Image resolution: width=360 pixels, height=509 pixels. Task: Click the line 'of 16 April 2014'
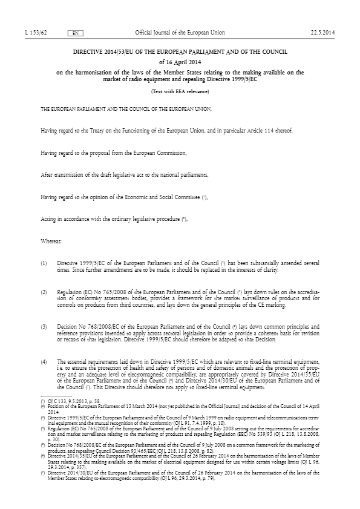(x=180, y=62)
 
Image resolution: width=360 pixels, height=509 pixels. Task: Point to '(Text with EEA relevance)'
(x=180, y=91)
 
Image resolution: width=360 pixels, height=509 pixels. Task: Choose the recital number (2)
(x=44, y=292)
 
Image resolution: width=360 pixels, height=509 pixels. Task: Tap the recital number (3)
(x=44, y=327)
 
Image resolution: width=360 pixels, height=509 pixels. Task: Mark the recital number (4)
(x=44, y=361)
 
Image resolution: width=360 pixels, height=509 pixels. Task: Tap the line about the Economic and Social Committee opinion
(x=124, y=197)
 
